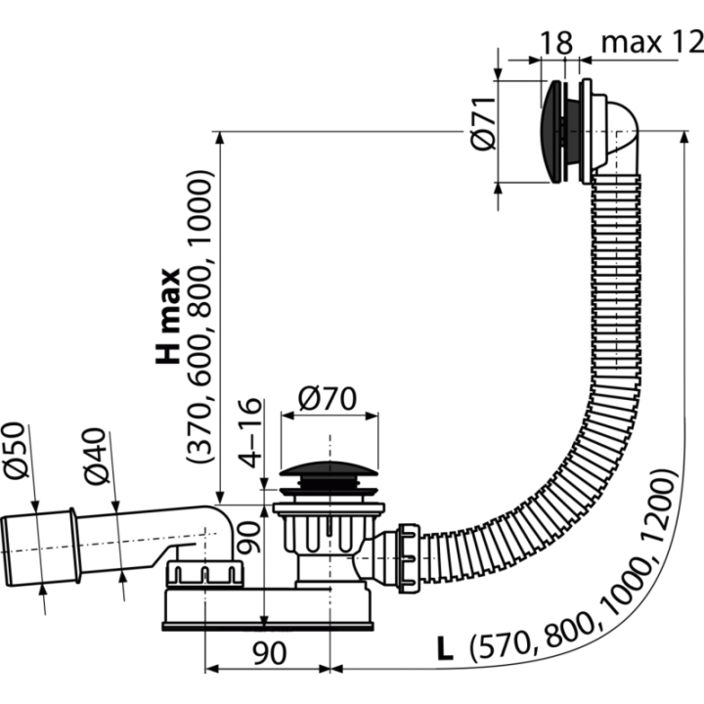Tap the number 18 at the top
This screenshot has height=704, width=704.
tap(555, 43)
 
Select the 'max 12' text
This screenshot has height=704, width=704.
tap(652, 43)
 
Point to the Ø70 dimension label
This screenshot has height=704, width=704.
tap(328, 398)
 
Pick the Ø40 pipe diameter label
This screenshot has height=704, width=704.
tap(96, 457)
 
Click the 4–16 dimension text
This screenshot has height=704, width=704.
tap(249, 433)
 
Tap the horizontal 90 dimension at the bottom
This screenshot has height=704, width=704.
tap(270, 653)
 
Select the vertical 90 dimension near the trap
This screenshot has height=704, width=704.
tap(249, 537)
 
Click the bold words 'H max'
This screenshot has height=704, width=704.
tap(168, 316)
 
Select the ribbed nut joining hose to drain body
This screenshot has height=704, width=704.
tap(409, 558)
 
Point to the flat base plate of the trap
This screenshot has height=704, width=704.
tap(268, 627)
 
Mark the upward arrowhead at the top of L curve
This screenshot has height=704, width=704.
tap(684, 137)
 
